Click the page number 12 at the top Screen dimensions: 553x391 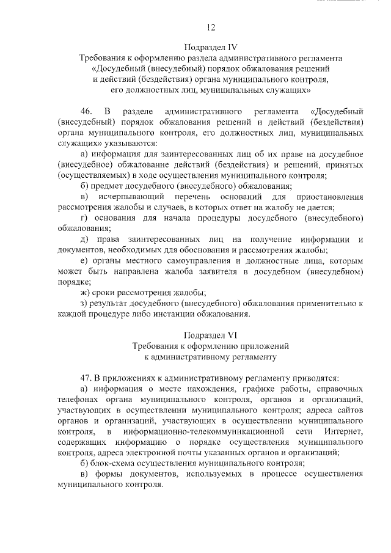(211, 27)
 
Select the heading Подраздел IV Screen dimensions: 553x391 (211, 46)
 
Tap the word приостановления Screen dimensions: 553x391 (330, 197)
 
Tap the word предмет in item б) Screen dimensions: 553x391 (109, 186)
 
